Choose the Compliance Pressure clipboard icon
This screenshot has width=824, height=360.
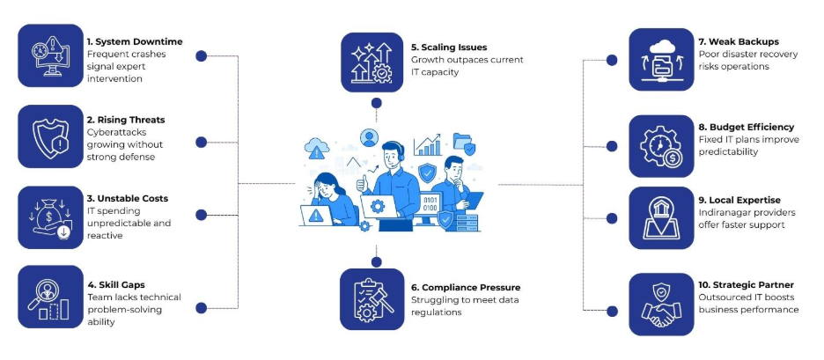tap(372, 299)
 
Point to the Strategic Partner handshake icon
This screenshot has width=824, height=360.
tap(661, 305)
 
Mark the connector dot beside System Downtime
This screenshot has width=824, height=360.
tap(202, 55)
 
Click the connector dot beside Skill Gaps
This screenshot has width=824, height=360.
tap(202, 307)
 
